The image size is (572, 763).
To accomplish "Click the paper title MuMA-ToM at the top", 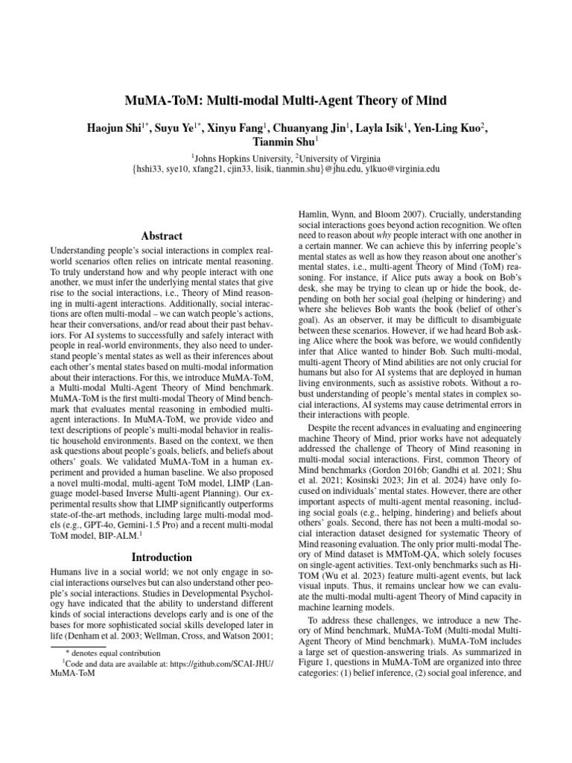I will (286, 101).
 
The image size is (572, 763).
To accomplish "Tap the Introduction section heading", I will (162, 557).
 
